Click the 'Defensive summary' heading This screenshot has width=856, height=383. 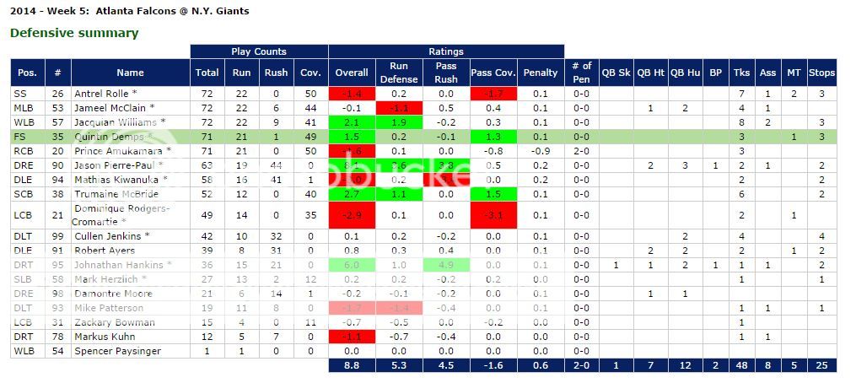[74, 33]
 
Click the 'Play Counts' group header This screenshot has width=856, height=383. [259, 51]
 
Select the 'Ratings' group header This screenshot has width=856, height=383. [445, 51]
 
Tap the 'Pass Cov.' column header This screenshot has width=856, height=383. [493, 73]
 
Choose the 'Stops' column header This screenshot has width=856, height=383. [821, 73]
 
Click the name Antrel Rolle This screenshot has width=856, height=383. [105, 94]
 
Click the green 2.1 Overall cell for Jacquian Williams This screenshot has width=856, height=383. [352, 122]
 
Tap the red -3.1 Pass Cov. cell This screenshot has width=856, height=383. [493, 215]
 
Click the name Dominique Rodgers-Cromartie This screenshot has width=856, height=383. [122, 215]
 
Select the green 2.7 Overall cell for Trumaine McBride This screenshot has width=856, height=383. [352, 193]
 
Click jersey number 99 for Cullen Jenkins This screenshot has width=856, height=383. [57, 236]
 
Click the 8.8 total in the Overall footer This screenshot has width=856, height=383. [352, 365]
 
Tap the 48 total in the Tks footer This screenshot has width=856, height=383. [742, 365]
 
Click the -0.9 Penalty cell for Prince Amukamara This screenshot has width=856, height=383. [541, 150]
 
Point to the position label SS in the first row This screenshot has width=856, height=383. [21, 94]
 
